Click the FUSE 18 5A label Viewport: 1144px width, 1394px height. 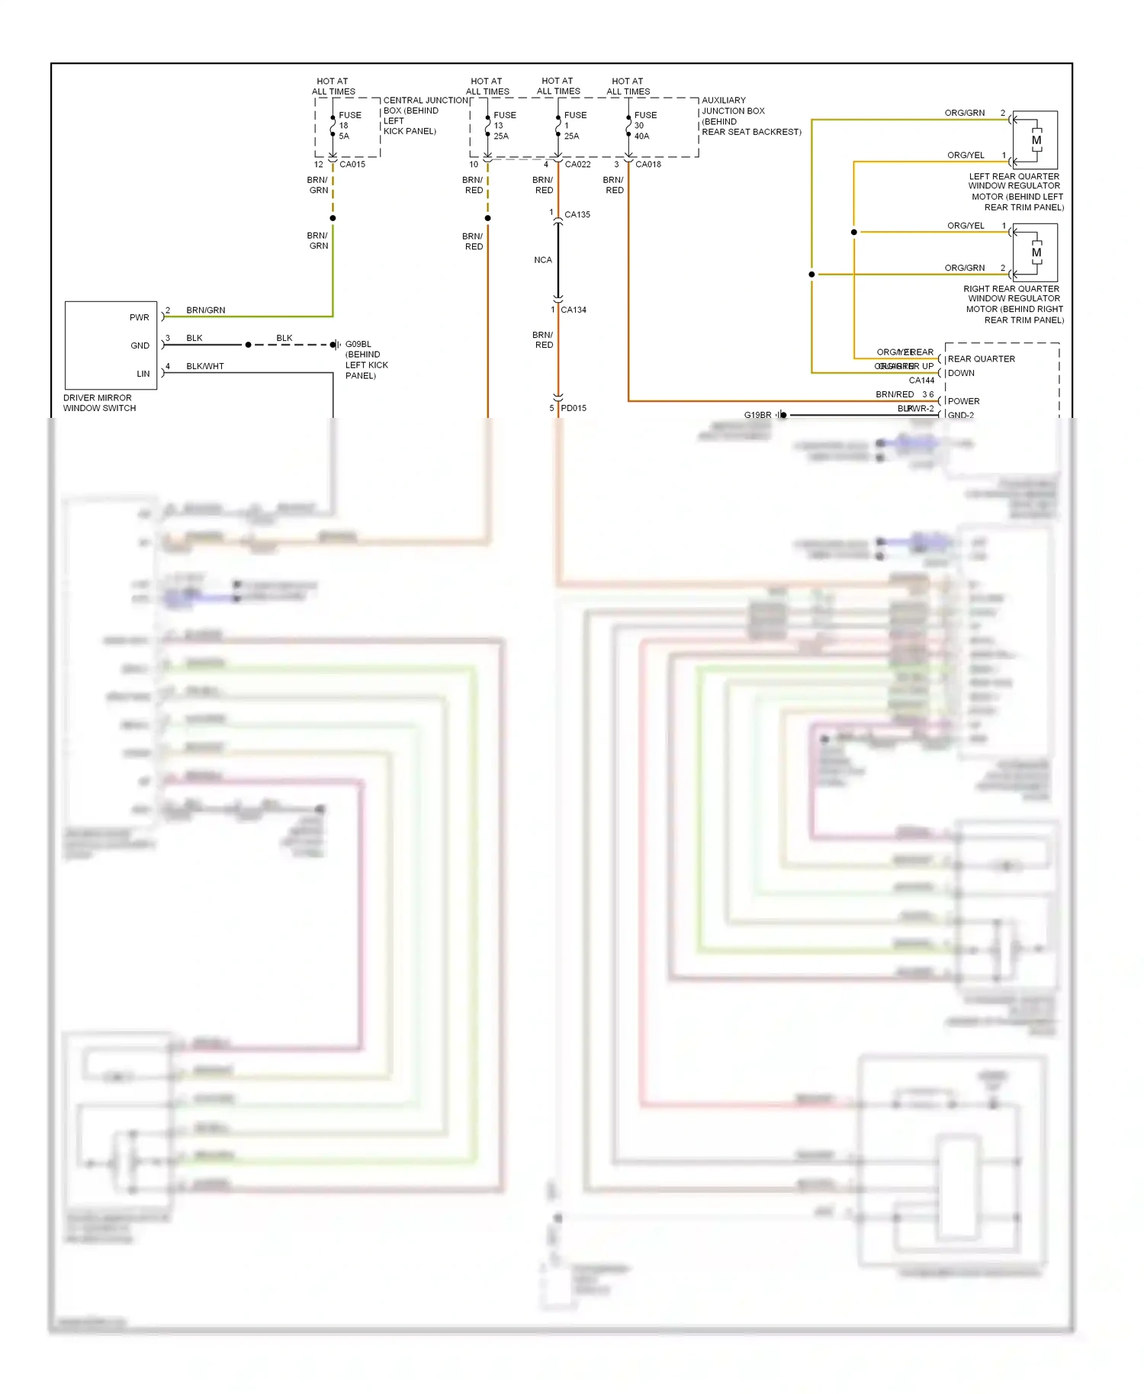pos(349,126)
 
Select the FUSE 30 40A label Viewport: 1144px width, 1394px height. pos(644,126)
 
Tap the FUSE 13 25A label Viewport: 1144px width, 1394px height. pos(503,126)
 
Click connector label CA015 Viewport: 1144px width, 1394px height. pos(352,165)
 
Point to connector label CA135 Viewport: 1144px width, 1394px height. pos(577,215)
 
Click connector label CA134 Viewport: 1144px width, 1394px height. pos(574,310)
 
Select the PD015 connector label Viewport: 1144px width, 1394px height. pos(574,409)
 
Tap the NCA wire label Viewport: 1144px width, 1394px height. pos(543,261)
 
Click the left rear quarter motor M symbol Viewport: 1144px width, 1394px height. pos(1036,141)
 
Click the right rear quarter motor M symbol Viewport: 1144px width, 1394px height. pos(1036,253)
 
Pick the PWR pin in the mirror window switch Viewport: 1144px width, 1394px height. pos(140,318)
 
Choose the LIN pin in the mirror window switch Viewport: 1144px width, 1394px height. pos(143,374)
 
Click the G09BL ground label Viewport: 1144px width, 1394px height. pos(358,345)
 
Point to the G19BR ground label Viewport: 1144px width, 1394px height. pos(757,416)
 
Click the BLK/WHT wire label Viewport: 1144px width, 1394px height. pos(205,367)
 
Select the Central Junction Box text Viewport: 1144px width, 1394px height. pos(424,116)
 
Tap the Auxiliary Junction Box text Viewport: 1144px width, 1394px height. pos(750,116)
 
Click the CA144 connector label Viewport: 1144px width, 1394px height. pos(921,381)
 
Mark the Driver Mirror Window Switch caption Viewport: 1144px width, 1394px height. pos(99,403)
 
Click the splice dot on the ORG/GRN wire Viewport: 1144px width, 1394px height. pos(811,275)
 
